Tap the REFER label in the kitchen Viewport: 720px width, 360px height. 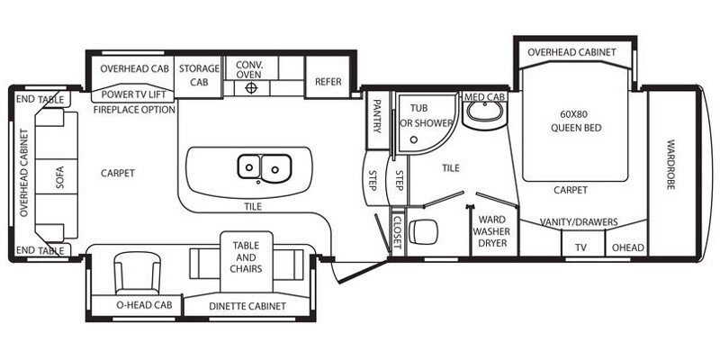point(328,81)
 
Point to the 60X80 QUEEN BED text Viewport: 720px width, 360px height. point(575,121)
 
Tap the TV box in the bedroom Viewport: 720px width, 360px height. point(580,247)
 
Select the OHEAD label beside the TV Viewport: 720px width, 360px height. point(627,247)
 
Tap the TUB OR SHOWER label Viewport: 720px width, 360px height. point(417,115)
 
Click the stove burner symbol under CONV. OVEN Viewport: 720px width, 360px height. point(253,89)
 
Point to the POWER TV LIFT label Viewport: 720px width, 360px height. point(135,94)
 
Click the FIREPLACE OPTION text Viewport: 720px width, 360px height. point(134,109)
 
